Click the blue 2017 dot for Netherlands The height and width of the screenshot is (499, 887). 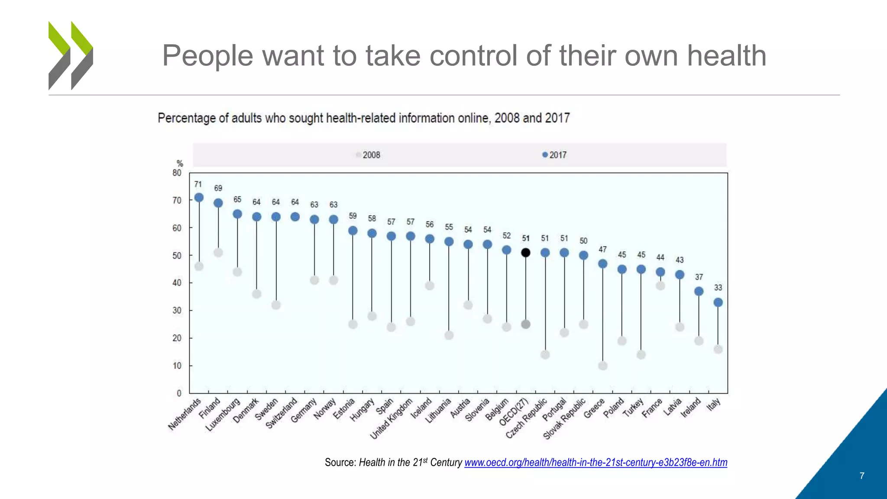(x=199, y=198)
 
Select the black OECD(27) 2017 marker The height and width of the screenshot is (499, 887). (x=525, y=253)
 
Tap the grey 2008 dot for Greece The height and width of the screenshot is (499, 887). (x=602, y=366)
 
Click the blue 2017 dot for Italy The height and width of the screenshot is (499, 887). (x=718, y=302)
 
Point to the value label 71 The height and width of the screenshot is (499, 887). (x=198, y=184)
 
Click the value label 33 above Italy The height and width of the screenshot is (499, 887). (x=718, y=288)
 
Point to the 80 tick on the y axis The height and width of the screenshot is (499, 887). (x=177, y=173)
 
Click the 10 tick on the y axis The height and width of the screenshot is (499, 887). (x=177, y=366)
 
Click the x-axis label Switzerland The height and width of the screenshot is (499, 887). (x=282, y=413)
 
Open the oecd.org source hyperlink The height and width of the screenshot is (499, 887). (x=596, y=463)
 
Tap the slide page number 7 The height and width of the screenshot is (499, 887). (x=861, y=476)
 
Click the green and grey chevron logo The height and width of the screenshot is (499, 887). (x=71, y=55)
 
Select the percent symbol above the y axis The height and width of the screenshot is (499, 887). (x=180, y=163)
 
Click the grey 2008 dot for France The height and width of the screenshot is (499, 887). (x=660, y=285)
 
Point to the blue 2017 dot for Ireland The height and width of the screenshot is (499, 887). (x=699, y=291)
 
